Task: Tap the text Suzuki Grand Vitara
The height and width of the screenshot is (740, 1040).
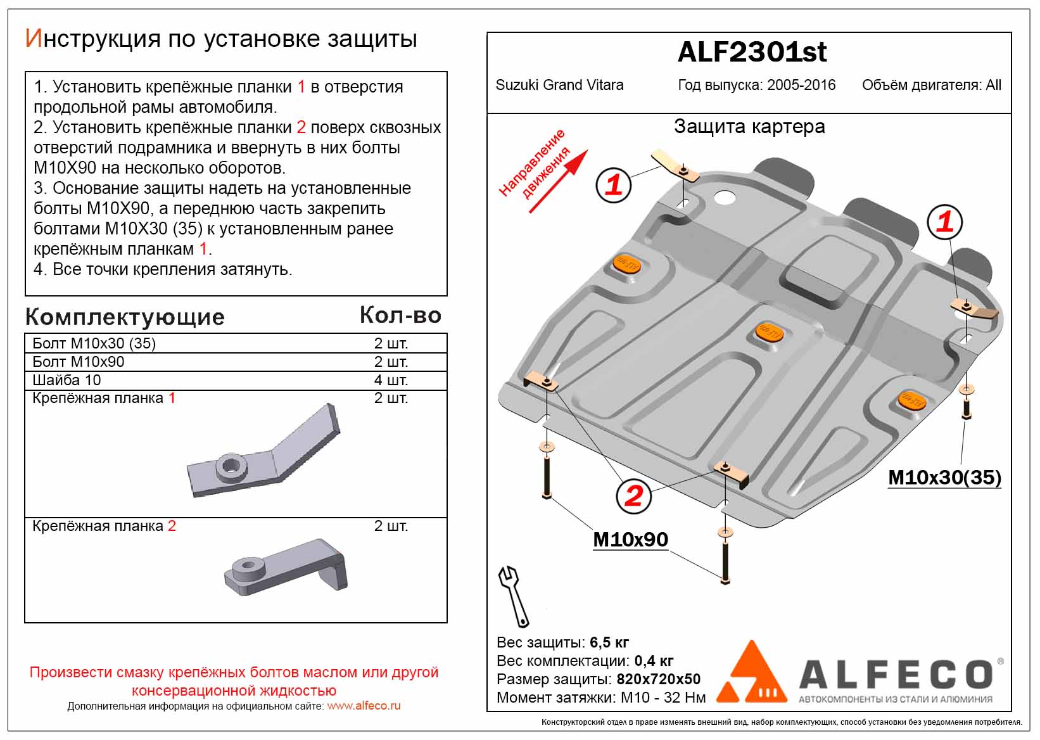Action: point(559,85)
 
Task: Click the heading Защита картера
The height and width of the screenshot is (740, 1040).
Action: point(749,126)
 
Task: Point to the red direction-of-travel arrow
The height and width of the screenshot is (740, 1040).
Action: point(559,181)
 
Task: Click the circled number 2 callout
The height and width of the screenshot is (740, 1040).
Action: point(633,496)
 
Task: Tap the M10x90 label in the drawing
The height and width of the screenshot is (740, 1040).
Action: point(630,539)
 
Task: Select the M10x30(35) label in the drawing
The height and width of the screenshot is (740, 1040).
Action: point(944,477)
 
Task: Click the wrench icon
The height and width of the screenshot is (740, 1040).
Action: point(513,596)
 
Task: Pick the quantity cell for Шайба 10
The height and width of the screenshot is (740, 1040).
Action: point(391,380)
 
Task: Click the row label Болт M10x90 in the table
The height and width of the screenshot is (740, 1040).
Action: point(79,361)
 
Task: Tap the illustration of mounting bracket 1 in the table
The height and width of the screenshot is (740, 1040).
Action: point(263,450)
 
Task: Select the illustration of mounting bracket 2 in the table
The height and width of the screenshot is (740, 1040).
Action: point(286,567)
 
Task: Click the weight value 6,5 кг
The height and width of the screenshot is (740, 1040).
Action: point(609,642)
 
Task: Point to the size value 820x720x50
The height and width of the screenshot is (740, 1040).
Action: point(658,679)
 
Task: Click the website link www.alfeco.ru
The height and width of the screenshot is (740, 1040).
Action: point(364,706)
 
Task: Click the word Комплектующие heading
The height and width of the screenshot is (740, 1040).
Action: point(125,317)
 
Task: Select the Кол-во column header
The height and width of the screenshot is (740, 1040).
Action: point(400,315)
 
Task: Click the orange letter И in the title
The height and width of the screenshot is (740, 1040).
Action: point(34,38)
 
